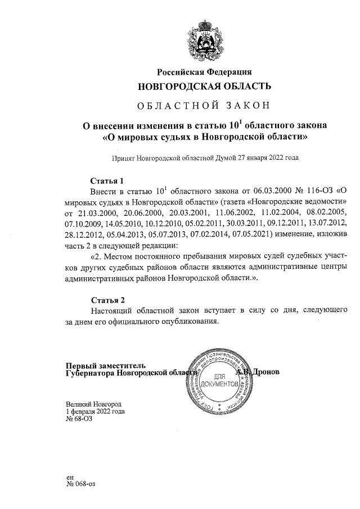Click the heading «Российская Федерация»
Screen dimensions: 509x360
tap(204, 72)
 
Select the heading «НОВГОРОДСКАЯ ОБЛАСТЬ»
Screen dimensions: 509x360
tap(204, 87)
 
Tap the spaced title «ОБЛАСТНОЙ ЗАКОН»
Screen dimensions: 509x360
tap(204, 105)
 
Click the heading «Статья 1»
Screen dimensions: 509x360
tap(107, 181)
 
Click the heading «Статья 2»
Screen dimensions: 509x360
tap(107, 299)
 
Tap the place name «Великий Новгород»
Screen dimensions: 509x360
tap(93, 404)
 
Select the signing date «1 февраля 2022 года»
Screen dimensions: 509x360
tap(95, 411)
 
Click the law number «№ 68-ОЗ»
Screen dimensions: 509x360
tap(79, 419)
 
